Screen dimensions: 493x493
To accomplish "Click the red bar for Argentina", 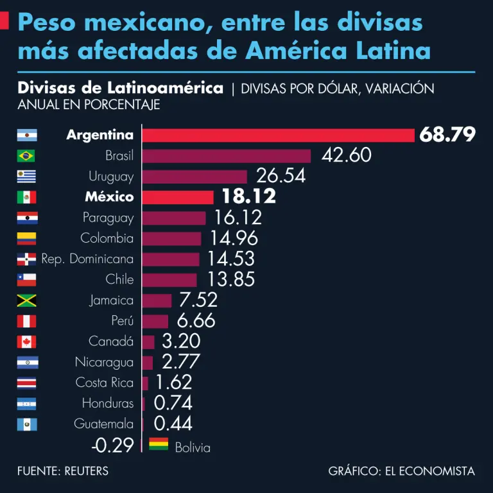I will [x=278, y=135].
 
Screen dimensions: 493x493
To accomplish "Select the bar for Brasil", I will [x=226, y=156].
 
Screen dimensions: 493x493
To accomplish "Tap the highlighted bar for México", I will [x=178, y=197].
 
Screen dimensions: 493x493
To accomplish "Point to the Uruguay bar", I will [x=195, y=177].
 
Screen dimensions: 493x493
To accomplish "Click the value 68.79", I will [x=447, y=135].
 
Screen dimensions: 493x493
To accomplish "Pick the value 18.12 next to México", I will [x=248, y=196].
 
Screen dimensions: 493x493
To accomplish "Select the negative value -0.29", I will [x=112, y=445].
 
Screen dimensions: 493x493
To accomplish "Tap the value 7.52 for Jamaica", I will [x=198, y=300].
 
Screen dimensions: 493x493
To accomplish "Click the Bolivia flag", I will [x=159, y=444].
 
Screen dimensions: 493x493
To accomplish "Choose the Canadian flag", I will [x=26, y=342].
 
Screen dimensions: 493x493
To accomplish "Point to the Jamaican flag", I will [x=26, y=300].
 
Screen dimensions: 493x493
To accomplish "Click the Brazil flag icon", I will [x=26, y=156].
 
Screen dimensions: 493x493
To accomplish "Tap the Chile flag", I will [x=26, y=280].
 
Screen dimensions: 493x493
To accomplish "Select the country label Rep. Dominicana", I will [x=88, y=259].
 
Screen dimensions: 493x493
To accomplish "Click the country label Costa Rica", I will [x=105, y=383].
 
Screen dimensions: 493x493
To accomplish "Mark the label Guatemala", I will [x=104, y=424].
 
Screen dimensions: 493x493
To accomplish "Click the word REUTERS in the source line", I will [x=87, y=471].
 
